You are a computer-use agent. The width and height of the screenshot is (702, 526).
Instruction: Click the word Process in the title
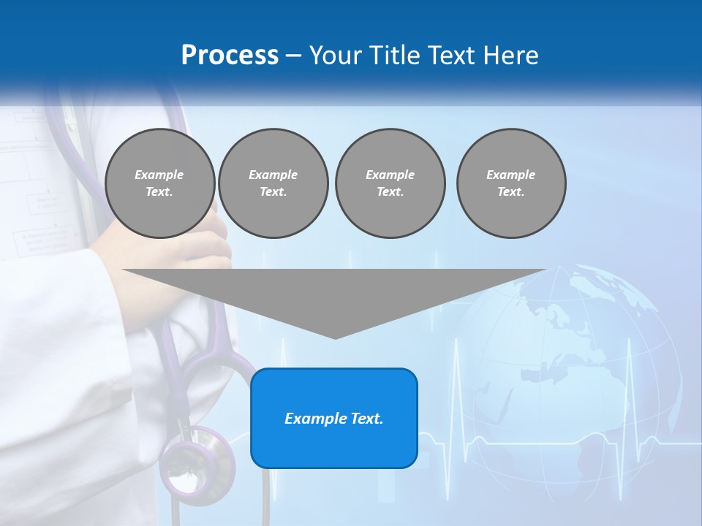[x=230, y=56]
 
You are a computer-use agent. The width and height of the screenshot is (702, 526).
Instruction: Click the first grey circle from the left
[x=159, y=183]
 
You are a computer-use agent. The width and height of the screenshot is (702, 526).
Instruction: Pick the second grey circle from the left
[x=273, y=183]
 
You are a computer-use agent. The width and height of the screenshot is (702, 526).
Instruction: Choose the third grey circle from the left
[x=390, y=183]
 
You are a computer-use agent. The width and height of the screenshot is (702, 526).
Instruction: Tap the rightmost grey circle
[x=510, y=183]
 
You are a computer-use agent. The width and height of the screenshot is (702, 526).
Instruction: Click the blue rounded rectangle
[x=334, y=418]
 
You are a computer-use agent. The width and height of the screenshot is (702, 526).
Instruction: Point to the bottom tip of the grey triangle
[x=335, y=338]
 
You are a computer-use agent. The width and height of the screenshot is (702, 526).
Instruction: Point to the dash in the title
[x=294, y=56]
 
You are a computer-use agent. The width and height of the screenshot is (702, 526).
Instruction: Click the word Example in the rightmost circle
[x=510, y=175]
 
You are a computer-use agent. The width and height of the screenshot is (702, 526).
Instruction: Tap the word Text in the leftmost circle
[x=159, y=192]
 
